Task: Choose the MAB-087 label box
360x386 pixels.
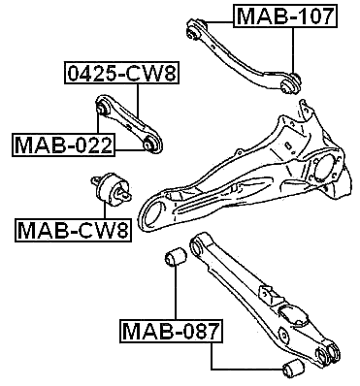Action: (x=171, y=333)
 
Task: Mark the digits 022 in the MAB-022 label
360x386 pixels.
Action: (x=92, y=145)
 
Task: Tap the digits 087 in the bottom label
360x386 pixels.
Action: (x=199, y=333)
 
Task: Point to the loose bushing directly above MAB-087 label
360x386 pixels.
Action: (x=177, y=259)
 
